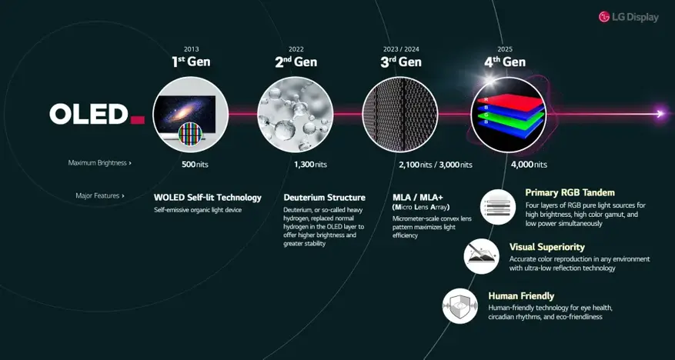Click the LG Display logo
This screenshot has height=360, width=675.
point(629,17)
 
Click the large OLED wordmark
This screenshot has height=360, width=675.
point(89,114)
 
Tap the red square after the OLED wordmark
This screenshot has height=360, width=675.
point(137,119)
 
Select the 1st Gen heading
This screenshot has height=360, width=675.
point(191,62)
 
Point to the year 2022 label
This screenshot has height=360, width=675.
point(296,49)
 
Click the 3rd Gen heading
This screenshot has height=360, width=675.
point(401,62)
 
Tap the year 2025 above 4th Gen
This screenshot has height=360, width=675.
point(505,49)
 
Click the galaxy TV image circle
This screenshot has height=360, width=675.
point(191,115)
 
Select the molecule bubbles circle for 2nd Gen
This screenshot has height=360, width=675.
point(296,115)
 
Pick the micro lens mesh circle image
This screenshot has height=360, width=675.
point(400,115)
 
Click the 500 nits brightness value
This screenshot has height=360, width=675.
point(195,165)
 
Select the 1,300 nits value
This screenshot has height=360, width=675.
point(310,165)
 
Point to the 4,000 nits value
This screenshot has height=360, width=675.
point(529,165)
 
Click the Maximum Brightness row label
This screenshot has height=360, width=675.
point(100,163)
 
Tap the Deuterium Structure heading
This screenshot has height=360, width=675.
point(324,198)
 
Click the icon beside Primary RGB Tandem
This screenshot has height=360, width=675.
point(498,207)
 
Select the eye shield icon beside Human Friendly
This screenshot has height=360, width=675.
point(460,306)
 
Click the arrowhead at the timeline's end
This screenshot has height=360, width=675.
point(660,114)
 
